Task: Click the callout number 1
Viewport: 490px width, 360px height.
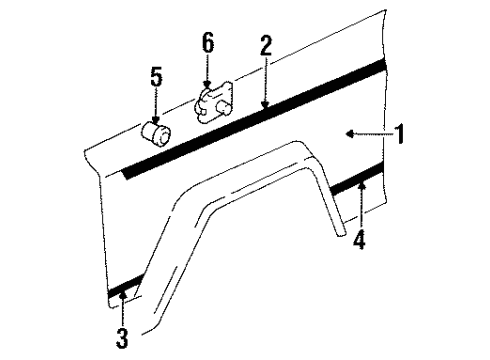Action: pyautogui.click(x=400, y=132)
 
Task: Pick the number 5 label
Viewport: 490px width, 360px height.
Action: pyautogui.click(x=155, y=77)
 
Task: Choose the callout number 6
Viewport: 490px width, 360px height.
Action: pyautogui.click(x=207, y=43)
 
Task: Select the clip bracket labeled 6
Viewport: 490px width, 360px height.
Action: pyautogui.click(x=212, y=104)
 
